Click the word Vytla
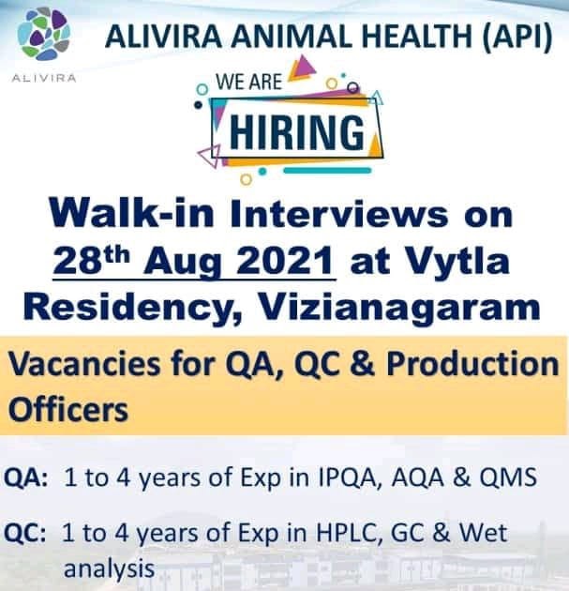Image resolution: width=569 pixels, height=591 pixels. click(x=457, y=264)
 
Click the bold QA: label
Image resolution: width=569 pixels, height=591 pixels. click(x=28, y=477)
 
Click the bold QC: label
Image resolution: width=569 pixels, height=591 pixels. click(x=28, y=534)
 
